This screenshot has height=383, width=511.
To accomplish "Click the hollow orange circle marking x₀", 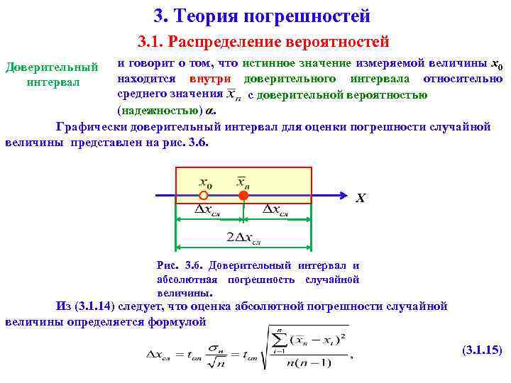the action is pos(204,194).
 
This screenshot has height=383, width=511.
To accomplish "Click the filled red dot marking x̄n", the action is pos(243,194).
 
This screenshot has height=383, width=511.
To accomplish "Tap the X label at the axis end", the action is pos(360,199).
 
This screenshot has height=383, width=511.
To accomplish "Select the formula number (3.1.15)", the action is pos(481,350).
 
